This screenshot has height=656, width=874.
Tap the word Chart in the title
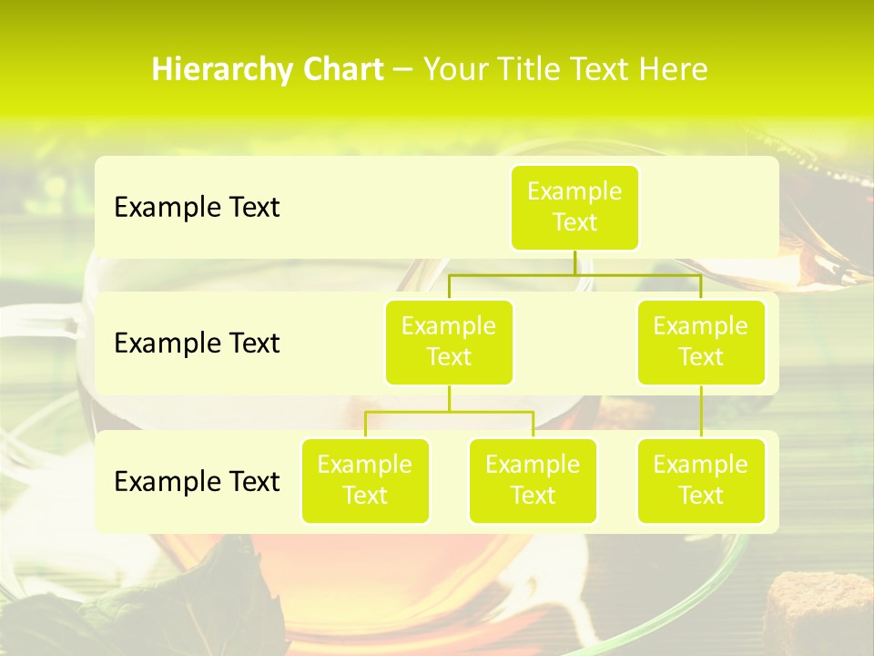[342, 70]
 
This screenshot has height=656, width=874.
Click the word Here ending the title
[673, 70]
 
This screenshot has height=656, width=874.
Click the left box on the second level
[449, 342]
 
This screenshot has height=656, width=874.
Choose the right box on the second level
[701, 342]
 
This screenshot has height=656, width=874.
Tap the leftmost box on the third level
[365, 480]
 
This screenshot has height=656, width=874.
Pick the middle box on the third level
[533, 480]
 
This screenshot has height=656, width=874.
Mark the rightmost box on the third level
[701, 480]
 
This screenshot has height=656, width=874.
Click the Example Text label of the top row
[197, 208]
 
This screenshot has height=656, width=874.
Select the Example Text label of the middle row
[197, 343]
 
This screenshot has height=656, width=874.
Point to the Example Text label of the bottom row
[197, 481]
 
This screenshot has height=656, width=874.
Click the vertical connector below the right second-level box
[701, 412]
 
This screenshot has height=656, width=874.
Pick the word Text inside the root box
[574, 222]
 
